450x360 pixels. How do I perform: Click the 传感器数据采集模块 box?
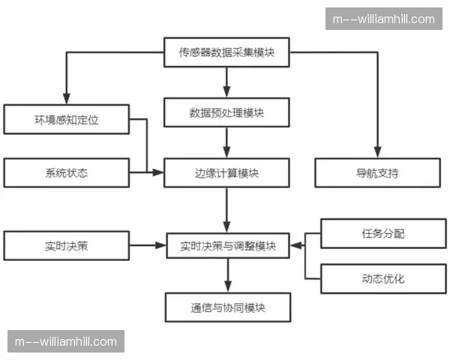pyautogui.click(x=226, y=52)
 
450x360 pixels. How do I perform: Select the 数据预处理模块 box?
pyautogui.click(x=226, y=113)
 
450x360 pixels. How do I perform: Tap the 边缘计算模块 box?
pyautogui.click(x=226, y=173)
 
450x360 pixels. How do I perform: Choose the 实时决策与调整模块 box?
pyautogui.click(x=227, y=246)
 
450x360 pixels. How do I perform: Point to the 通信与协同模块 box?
pyautogui.click(x=227, y=307)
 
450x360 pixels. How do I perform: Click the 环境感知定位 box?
pyautogui.click(x=66, y=119)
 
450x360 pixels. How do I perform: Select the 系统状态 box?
pyautogui.click(x=66, y=173)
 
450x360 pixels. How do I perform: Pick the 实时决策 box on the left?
pyautogui.click(x=66, y=245)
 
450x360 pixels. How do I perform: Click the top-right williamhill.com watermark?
pyautogui.click(x=384, y=19)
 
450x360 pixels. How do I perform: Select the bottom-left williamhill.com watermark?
pyautogui.click(x=66, y=342)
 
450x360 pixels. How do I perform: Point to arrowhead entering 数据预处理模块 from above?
pyautogui.click(x=226, y=94)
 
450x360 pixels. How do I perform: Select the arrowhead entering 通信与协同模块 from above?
pyautogui.click(x=227, y=288)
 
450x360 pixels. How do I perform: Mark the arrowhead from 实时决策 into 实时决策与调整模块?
pyautogui.click(x=160, y=245)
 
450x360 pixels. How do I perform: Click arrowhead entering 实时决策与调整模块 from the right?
pyautogui.click(x=295, y=245)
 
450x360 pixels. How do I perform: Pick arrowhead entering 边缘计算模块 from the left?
pyautogui.click(x=159, y=173)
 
